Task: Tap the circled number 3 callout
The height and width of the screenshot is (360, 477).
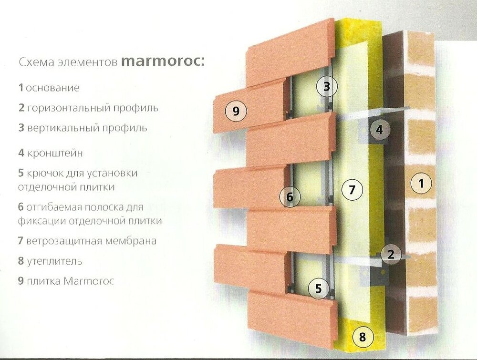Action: pyautogui.click(x=326, y=87)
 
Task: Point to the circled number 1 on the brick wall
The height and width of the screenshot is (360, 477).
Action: pyautogui.click(x=420, y=183)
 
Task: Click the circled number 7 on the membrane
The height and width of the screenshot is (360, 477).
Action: pyautogui.click(x=352, y=190)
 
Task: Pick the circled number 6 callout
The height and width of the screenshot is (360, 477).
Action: pyautogui.click(x=290, y=196)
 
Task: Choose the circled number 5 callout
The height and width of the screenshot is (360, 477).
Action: pyautogui.click(x=319, y=288)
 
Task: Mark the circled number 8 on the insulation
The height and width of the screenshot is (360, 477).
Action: pyautogui.click(x=362, y=338)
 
